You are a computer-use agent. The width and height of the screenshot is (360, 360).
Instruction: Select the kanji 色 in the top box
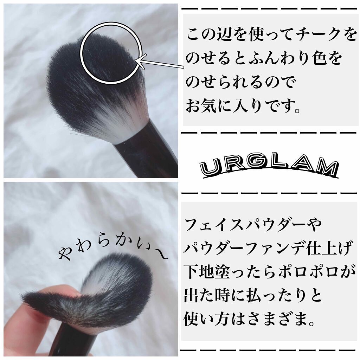(x=320, y=59)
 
